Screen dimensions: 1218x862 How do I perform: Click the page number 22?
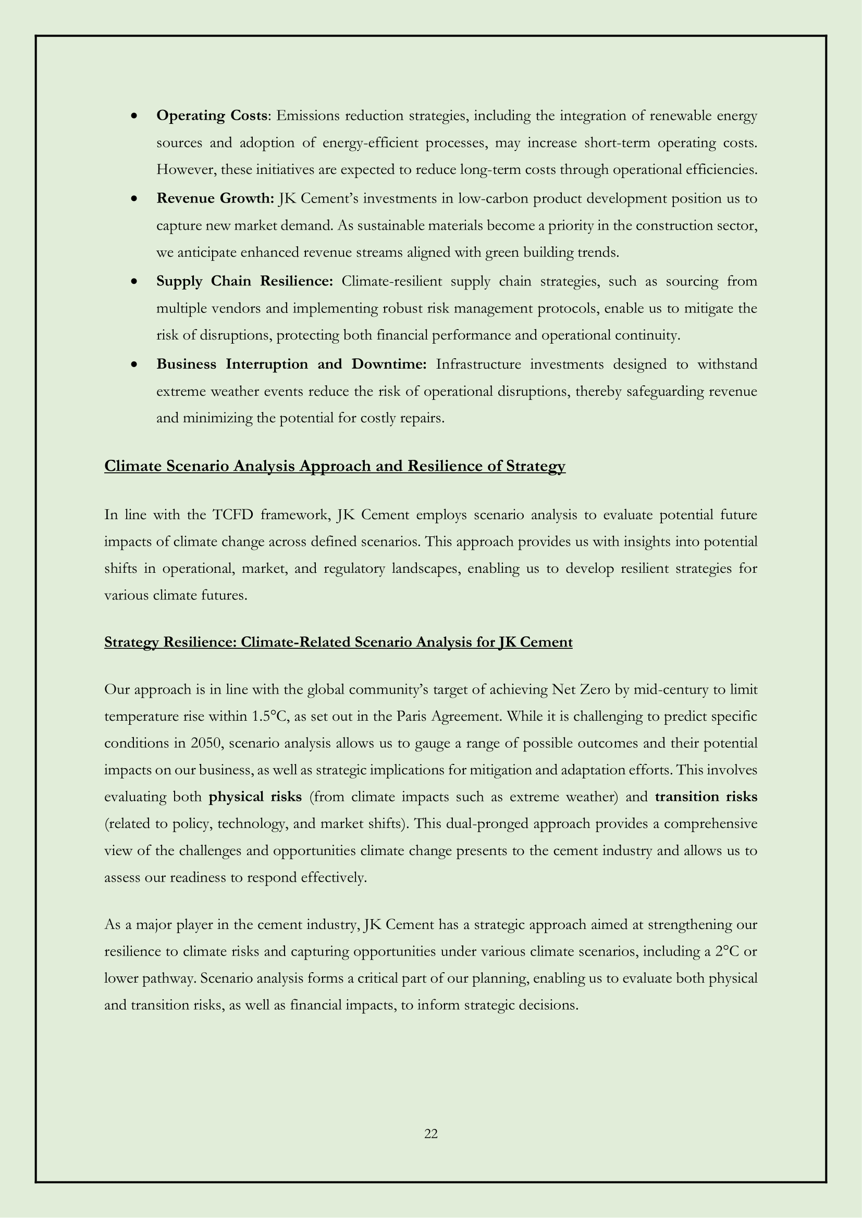click(431, 1134)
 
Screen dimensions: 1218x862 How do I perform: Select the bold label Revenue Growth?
click(214, 198)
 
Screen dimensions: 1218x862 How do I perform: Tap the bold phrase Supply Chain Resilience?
click(244, 281)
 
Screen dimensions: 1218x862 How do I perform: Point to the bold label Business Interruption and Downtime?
click(291, 365)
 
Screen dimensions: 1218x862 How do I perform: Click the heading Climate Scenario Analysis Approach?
click(335, 466)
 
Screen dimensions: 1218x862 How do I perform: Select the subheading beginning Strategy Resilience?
click(338, 643)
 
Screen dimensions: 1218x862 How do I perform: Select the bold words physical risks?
click(255, 797)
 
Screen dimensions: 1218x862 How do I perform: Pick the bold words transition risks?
click(706, 797)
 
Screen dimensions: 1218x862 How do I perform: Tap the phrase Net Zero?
click(581, 689)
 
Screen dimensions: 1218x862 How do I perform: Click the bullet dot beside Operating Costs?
click(136, 116)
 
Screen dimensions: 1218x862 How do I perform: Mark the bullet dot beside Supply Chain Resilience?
click(136, 282)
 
